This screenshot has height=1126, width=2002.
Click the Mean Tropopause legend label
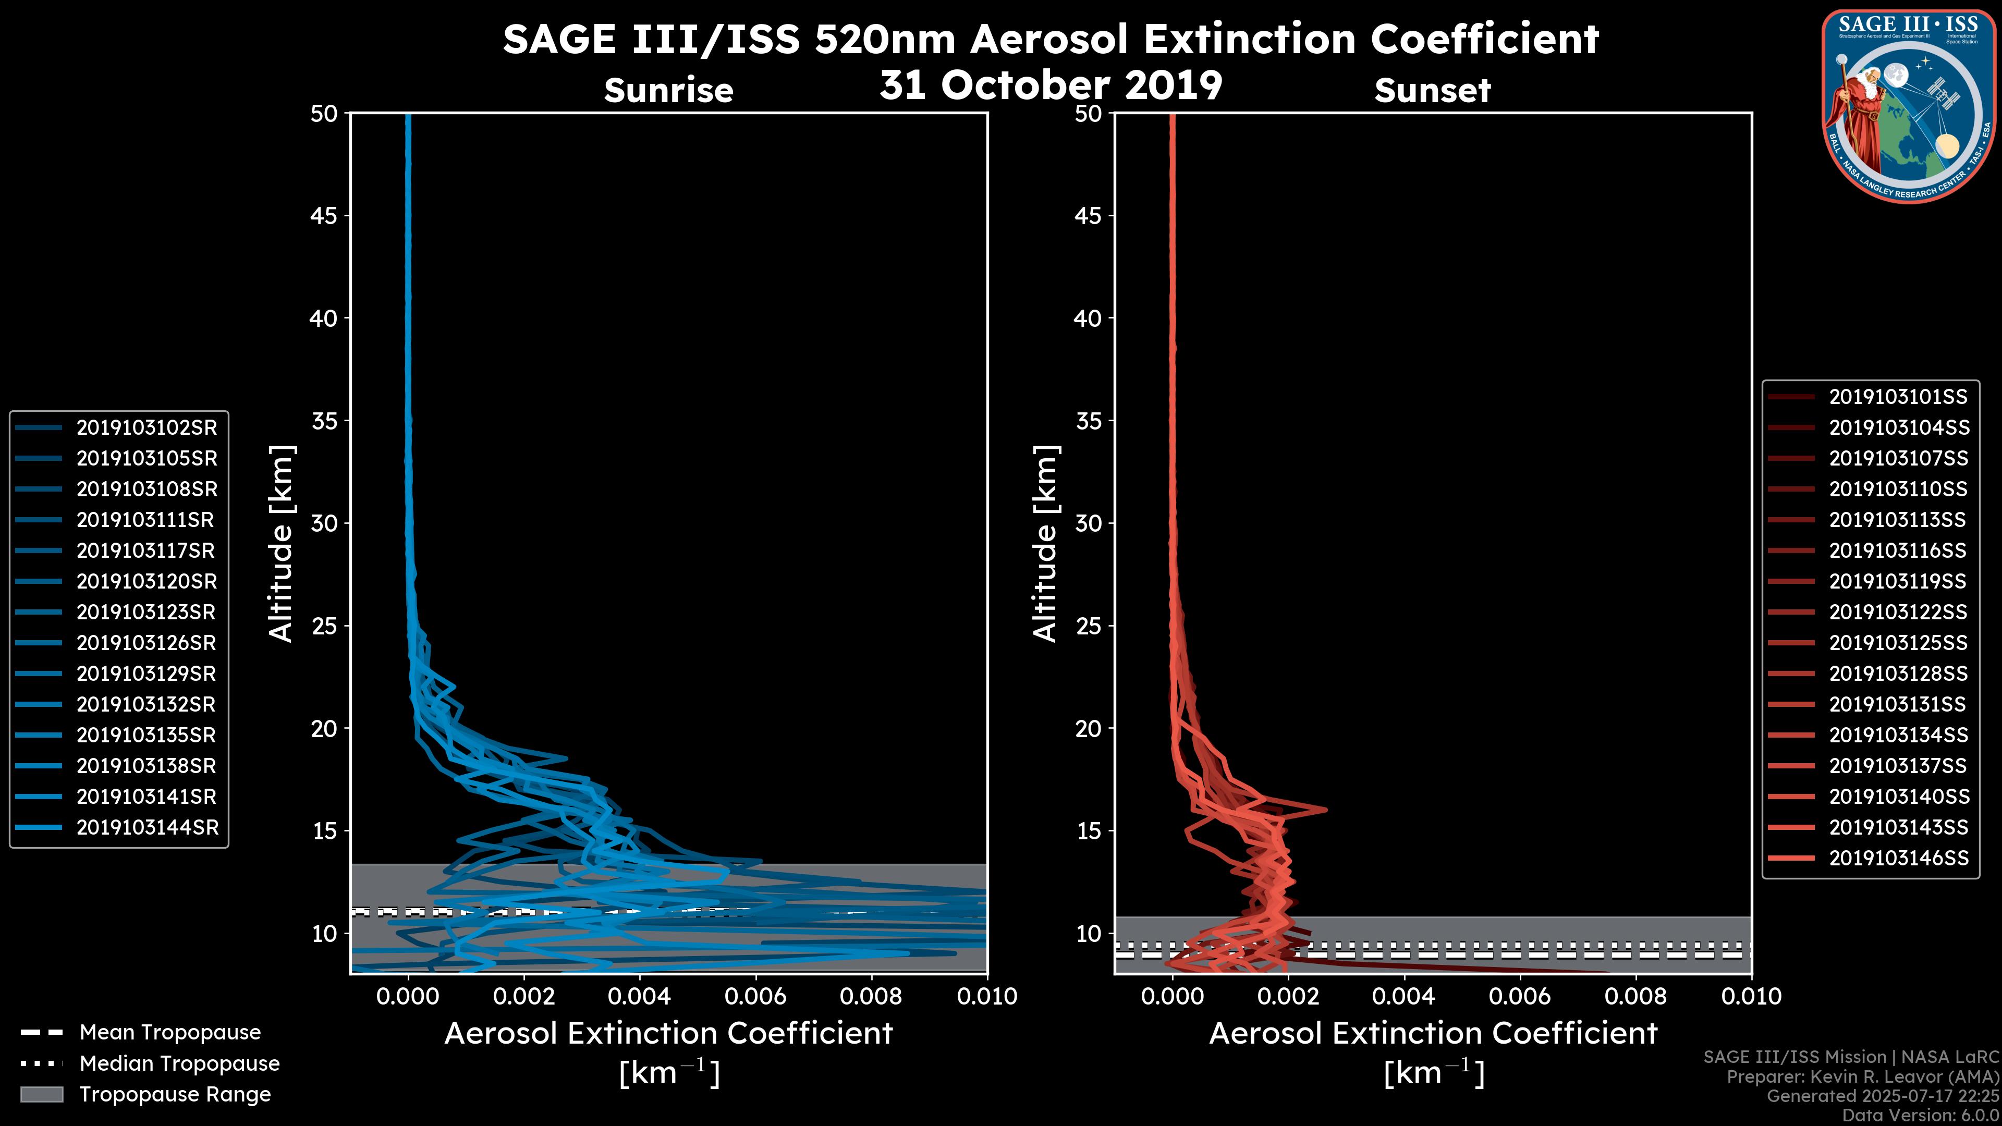click(x=170, y=1033)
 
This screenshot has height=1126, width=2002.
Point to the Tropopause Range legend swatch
click(x=41, y=1094)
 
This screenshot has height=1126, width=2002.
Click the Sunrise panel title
click(x=668, y=91)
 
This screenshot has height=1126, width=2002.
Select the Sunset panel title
click(x=1432, y=91)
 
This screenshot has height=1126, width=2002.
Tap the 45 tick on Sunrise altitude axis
click(x=324, y=216)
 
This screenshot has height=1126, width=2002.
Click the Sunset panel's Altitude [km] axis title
click(x=1046, y=544)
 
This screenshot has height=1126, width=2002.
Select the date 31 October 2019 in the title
click(x=1051, y=84)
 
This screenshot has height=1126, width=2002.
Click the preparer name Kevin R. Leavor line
click(x=1862, y=1077)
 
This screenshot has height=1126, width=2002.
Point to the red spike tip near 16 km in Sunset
click(x=1325, y=809)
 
